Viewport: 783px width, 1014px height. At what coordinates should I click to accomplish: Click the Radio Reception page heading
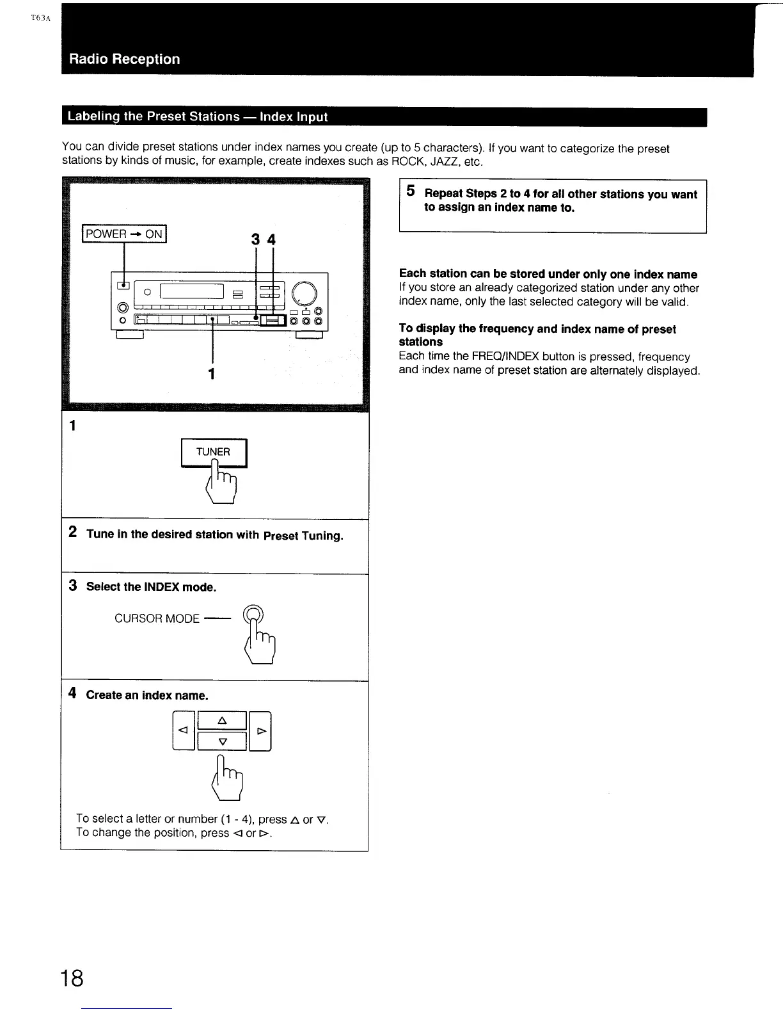pos(125,60)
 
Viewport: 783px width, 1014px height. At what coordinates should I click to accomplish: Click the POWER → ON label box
pos(124,234)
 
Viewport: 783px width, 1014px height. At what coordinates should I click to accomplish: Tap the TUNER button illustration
pos(214,452)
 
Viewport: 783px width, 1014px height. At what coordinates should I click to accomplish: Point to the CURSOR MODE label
pos(157,619)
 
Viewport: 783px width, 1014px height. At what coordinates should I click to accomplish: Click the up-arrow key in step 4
pos(222,721)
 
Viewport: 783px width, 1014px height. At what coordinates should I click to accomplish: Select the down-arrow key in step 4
pos(222,741)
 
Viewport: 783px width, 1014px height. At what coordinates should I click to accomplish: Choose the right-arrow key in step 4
pos(260,730)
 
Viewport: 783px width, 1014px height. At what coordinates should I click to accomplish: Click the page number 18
pos(72,978)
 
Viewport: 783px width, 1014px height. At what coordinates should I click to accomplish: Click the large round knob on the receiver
pos(304,293)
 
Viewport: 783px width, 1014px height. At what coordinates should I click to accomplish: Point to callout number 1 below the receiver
pos(212,373)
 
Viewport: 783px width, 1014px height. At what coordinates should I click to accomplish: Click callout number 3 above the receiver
pos(255,239)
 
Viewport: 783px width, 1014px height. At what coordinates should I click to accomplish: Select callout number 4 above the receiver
pos(272,239)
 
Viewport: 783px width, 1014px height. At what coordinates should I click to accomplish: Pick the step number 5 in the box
pos(411,191)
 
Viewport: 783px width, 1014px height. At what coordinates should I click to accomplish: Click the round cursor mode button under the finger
pos(253,613)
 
